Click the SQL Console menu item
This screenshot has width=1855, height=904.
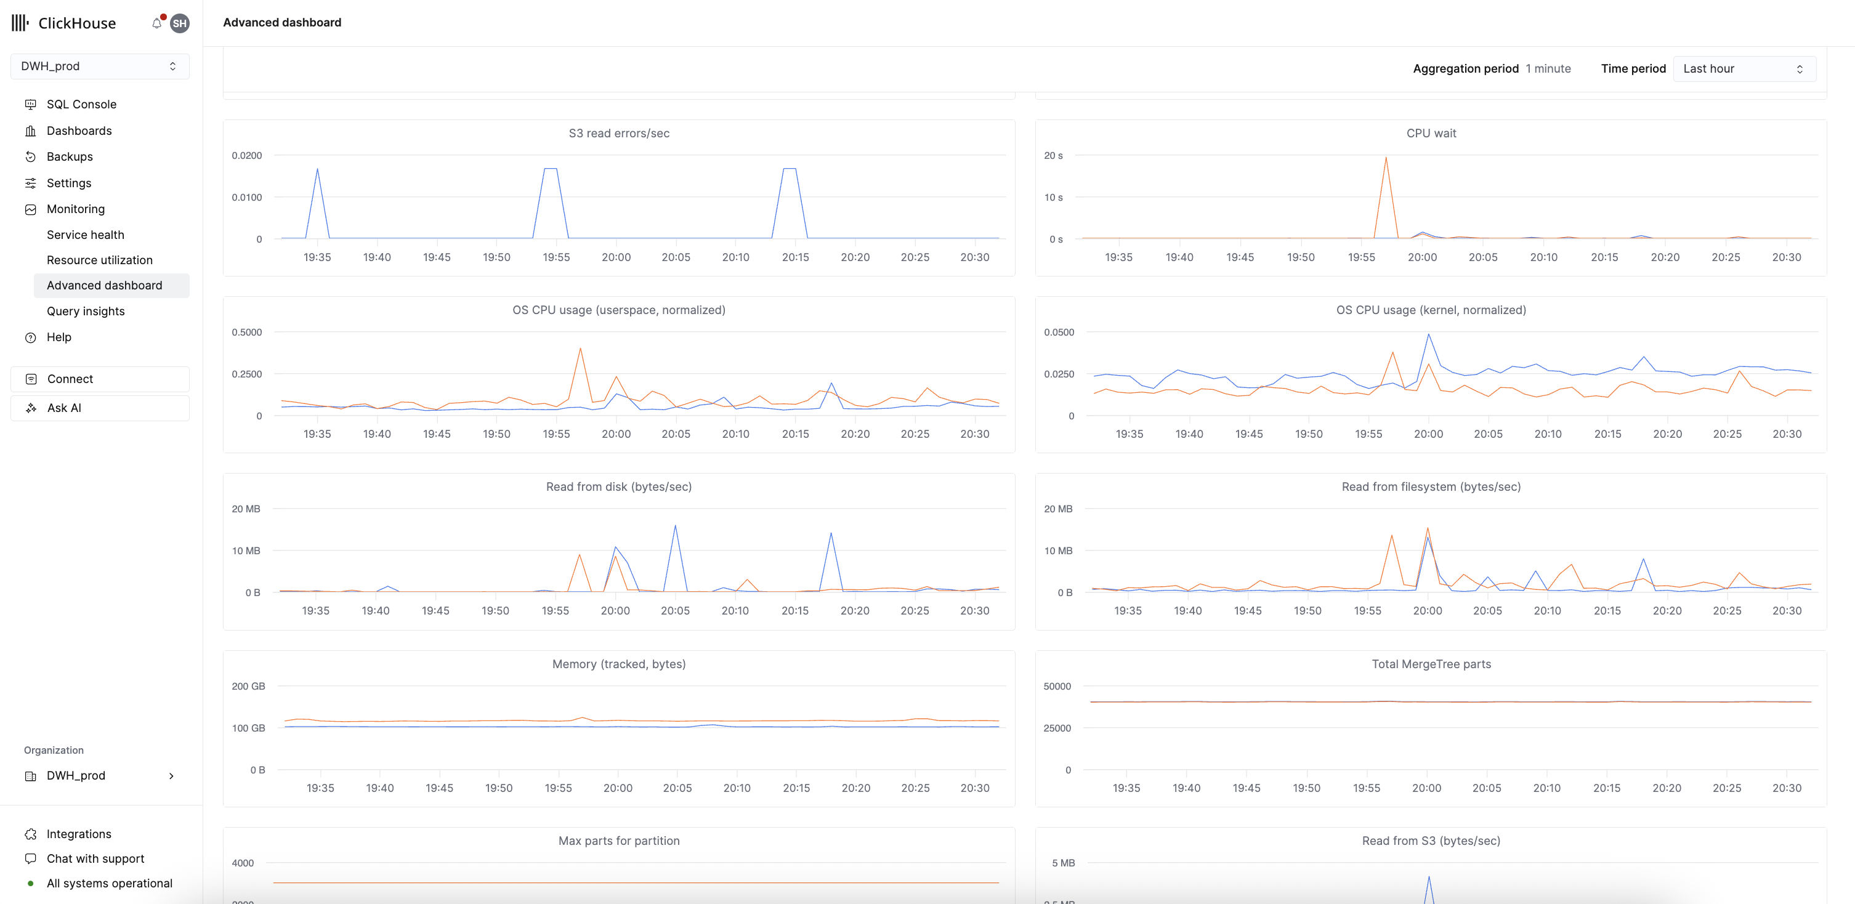point(81,104)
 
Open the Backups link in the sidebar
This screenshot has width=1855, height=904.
point(69,157)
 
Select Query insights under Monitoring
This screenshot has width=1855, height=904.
point(85,311)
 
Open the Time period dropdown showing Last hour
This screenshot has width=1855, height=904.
point(1744,69)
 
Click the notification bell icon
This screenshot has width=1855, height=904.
point(156,23)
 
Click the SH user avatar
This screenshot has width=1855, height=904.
point(180,23)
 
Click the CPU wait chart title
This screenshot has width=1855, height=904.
point(1430,133)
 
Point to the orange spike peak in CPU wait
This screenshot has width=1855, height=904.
point(1386,158)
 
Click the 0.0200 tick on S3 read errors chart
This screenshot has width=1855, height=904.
point(246,155)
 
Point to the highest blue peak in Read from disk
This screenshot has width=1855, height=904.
point(675,526)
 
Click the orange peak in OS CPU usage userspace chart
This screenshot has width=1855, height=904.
point(580,349)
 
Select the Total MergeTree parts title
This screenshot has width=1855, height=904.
point(1430,664)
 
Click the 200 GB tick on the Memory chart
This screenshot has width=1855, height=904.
point(248,687)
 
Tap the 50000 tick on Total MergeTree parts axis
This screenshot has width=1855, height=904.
point(1056,687)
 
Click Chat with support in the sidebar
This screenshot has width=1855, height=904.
point(95,858)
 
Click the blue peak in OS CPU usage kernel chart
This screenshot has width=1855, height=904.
point(1428,334)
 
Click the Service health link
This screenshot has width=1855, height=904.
point(85,235)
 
